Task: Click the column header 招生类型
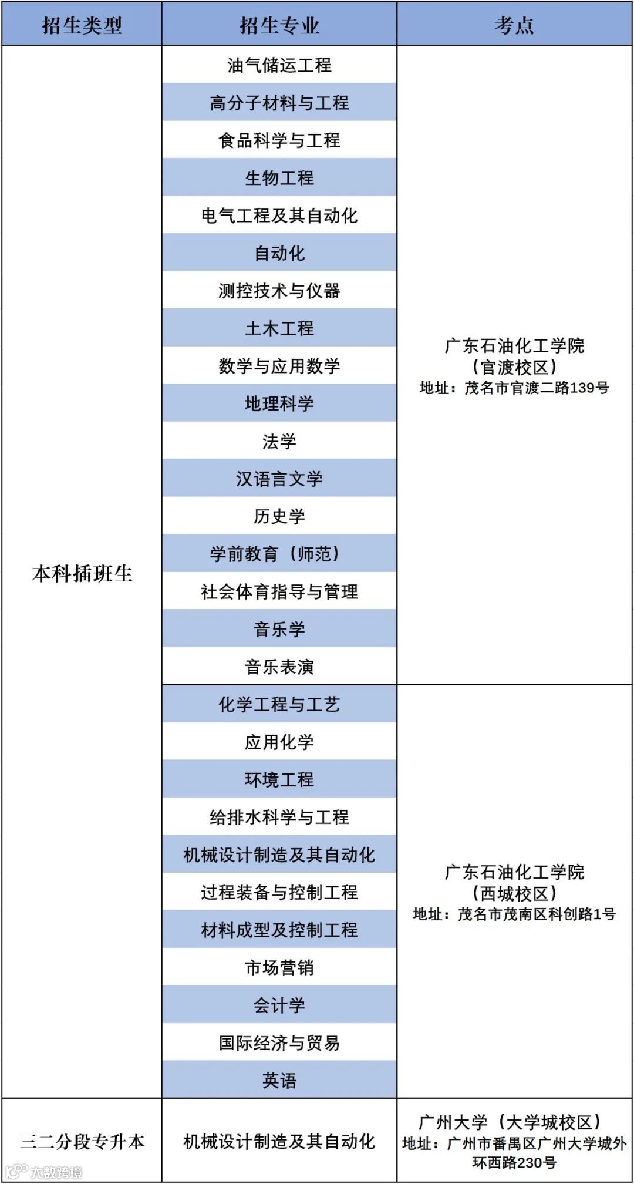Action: point(82,25)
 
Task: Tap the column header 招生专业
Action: point(279,25)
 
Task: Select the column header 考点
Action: point(514,25)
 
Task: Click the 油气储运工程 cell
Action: point(279,65)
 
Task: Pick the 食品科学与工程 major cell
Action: point(279,140)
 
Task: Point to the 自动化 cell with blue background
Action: point(279,253)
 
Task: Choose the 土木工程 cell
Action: point(279,328)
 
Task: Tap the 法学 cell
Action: point(279,441)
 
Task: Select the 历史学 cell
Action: point(279,516)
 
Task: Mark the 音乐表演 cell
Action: point(279,667)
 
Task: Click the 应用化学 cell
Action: point(279,742)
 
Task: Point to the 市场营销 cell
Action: point(279,967)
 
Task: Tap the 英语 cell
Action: point(279,1080)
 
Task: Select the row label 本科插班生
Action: point(82,573)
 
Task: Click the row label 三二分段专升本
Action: point(82,1141)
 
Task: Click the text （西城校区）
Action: point(514,893)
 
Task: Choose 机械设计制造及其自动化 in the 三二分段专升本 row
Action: point(279,1141)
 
